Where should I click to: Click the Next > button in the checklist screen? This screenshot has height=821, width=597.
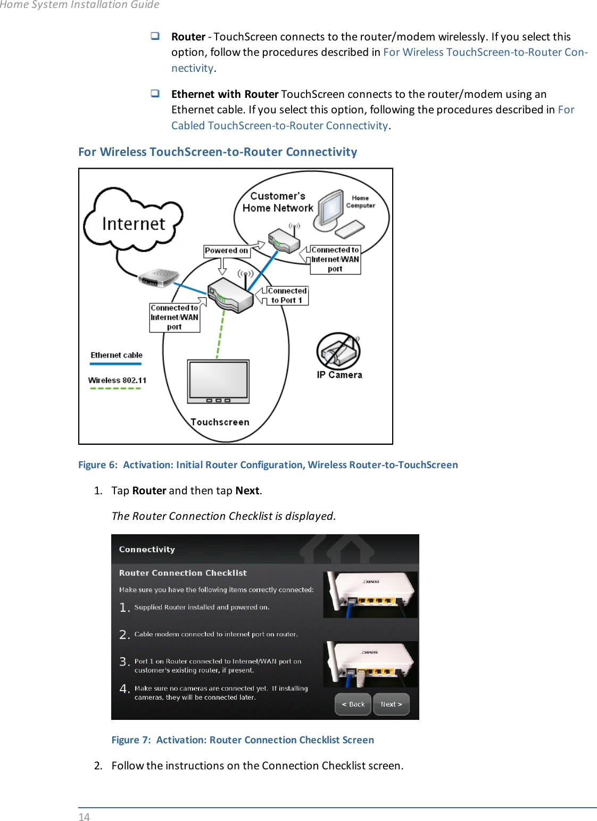click(391, 704)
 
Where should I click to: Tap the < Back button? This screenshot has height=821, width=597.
click(353, 704)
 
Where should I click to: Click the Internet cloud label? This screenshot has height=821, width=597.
click(134, 223)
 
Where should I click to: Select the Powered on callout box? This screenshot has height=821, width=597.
click(226, 251)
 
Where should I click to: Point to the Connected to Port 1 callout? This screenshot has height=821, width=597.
click(287, 295)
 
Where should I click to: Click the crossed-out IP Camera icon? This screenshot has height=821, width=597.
click(338, 351)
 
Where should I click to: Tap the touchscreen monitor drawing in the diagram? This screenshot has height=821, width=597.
click(218, 381)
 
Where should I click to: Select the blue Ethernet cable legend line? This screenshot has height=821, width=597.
click(115, 364)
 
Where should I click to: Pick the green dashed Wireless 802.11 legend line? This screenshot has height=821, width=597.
click(115, 388)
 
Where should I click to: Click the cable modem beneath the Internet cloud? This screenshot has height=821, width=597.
click(158, 277)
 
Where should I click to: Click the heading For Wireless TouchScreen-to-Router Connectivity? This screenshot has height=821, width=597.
click(218, 152)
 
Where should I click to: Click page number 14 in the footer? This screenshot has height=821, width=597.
click(84, 817)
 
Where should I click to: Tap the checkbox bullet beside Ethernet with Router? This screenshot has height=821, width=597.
click(155, 94)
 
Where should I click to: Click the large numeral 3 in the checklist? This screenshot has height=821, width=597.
click(123, 661)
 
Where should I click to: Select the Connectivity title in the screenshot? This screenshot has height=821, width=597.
click(147, 549)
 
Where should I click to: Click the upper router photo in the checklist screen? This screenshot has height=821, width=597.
click(370, 594)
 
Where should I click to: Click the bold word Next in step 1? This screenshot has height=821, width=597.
click(247, 491)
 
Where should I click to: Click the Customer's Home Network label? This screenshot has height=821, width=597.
click(278, 202)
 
